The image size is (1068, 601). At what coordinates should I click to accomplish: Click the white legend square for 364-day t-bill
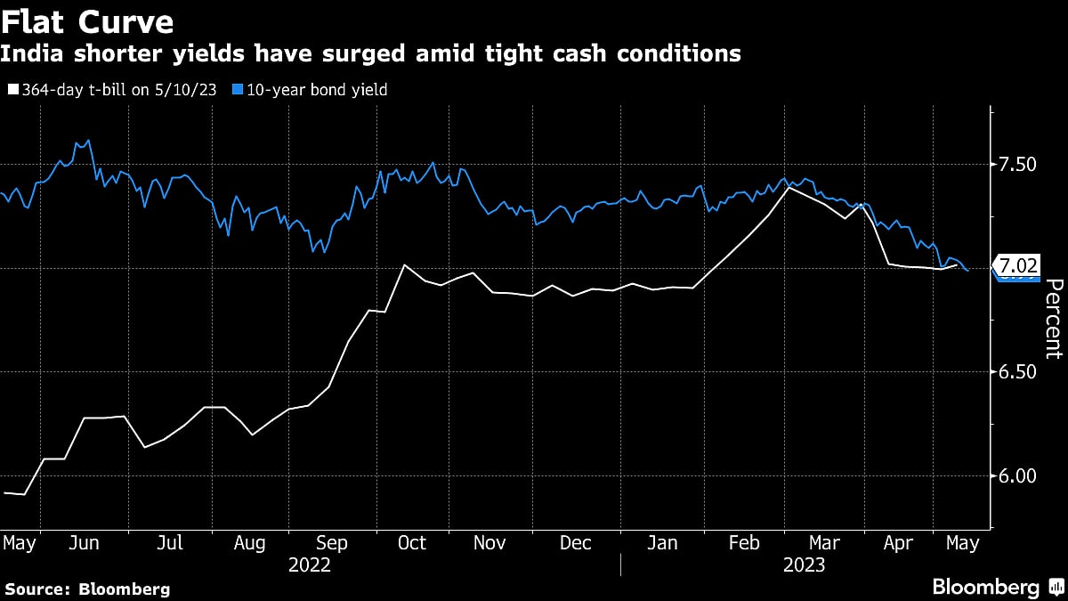pos(12,90)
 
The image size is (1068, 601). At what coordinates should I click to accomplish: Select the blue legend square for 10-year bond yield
pos(237,90)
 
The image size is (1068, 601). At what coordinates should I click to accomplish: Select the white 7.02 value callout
pos(1017,265)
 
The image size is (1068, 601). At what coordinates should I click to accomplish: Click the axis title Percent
pos(1053,319)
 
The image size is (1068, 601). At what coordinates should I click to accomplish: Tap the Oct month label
pos(412,542)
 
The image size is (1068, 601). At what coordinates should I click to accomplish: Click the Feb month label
pos(743,542)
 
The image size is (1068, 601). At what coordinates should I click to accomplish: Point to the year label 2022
pos(309,564)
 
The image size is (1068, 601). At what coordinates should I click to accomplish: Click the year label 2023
pos(804,564)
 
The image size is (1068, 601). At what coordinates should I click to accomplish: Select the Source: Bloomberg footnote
pos(86,589)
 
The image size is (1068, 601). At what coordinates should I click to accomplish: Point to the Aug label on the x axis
pos(249,542)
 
